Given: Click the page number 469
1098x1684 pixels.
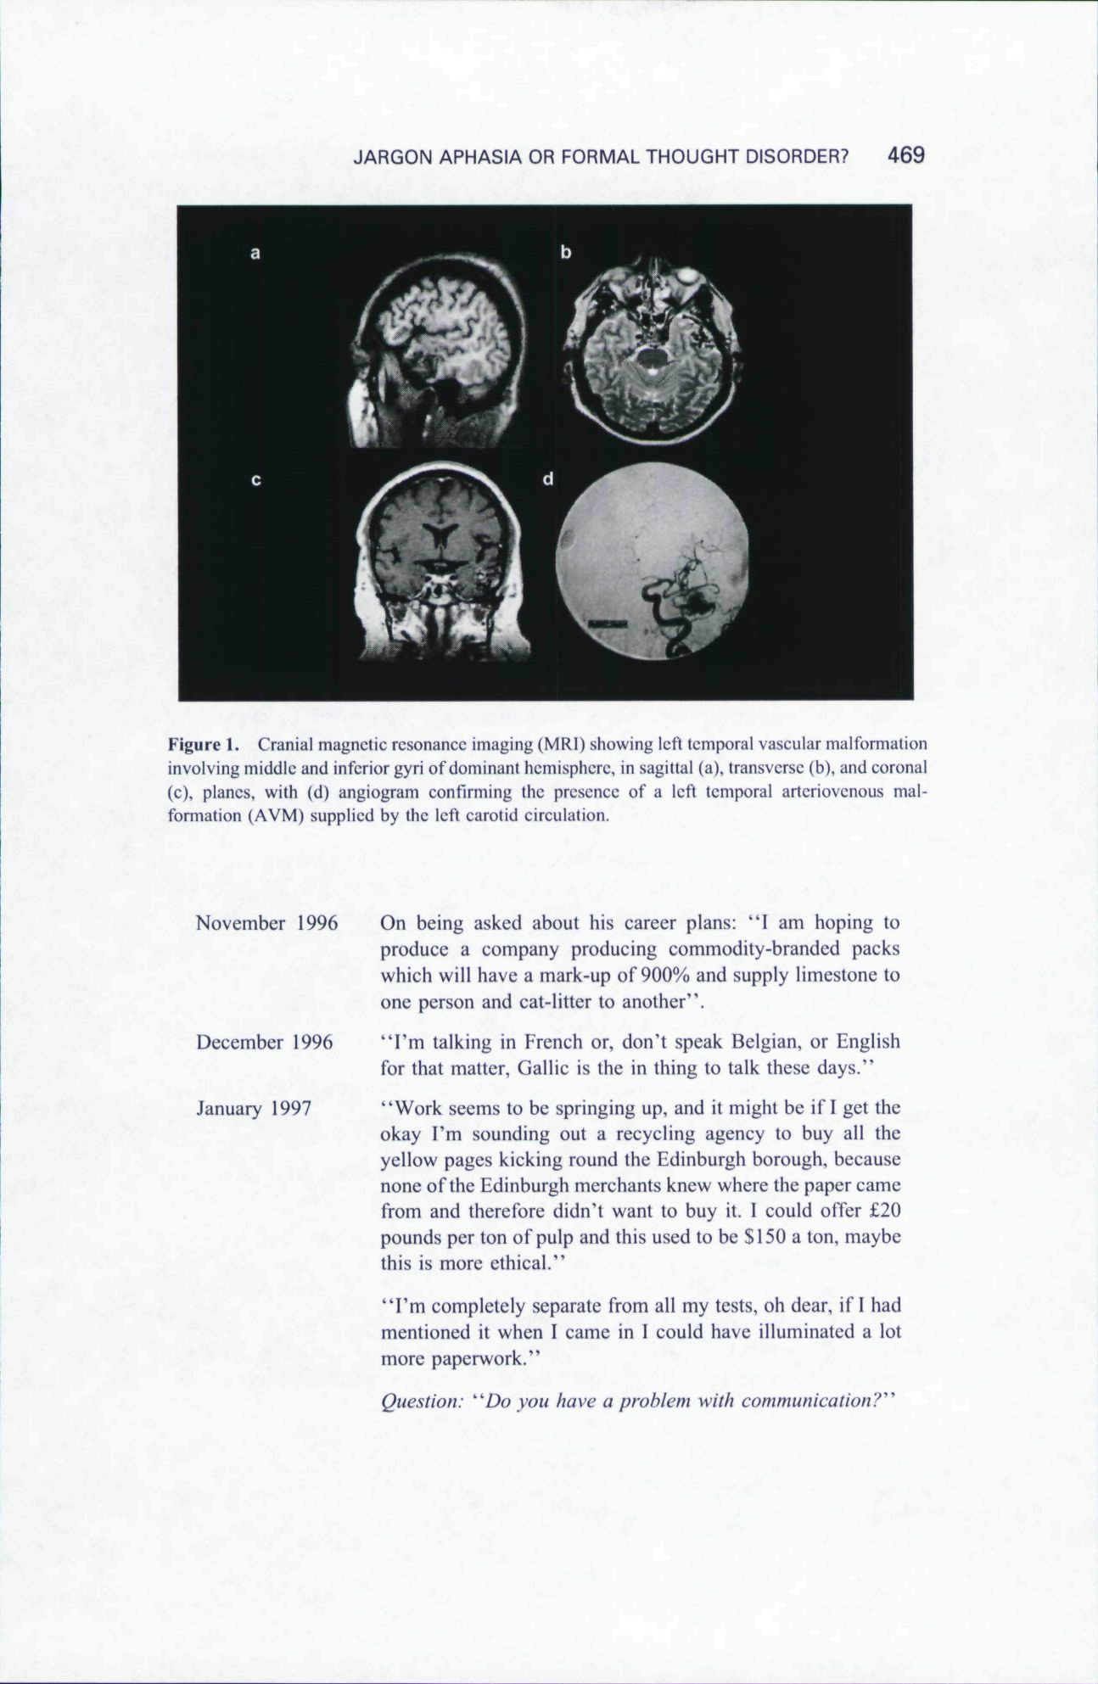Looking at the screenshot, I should [905, 155].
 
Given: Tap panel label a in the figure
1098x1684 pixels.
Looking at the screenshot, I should [255, 252].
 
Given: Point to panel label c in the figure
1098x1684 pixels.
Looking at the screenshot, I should [255, 480].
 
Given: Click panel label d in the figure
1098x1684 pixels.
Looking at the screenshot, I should [548, 480].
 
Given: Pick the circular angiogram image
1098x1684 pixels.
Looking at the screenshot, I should [653, 561].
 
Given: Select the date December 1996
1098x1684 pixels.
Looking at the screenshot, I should [265, 1042].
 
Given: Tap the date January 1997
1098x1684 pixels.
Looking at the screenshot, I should [254, 1108].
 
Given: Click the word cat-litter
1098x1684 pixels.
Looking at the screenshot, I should [554, 1002].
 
